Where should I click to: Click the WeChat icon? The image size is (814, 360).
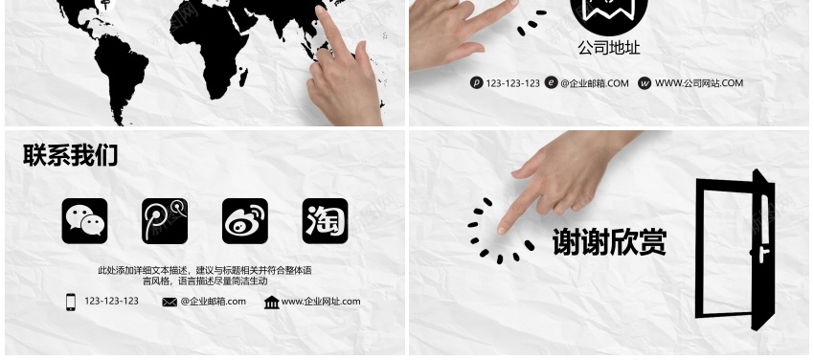(84, 221)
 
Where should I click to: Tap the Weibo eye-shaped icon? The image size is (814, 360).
(245, 221)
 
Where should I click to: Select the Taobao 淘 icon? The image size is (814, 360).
(325, 221)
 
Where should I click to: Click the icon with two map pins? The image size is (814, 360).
(165, 221)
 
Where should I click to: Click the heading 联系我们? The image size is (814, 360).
(71, 155)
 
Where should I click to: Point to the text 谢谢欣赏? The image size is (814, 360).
(609, 242)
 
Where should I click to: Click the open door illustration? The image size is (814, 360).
(735, 250)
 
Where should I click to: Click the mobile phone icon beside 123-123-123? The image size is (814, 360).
(71, 302)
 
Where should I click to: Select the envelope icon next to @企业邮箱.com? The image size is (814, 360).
(170, 302)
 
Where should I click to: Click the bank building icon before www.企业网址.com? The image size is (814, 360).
(272, 302)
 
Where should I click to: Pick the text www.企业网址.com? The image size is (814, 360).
(321, 302)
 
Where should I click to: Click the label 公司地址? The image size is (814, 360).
(609, 48)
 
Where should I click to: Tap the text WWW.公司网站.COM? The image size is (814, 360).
(699, 83)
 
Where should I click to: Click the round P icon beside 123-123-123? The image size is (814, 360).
(477, 83)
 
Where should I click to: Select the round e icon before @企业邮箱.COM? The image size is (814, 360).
(552, 83)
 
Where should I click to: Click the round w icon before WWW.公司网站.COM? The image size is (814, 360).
(644, 83)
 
